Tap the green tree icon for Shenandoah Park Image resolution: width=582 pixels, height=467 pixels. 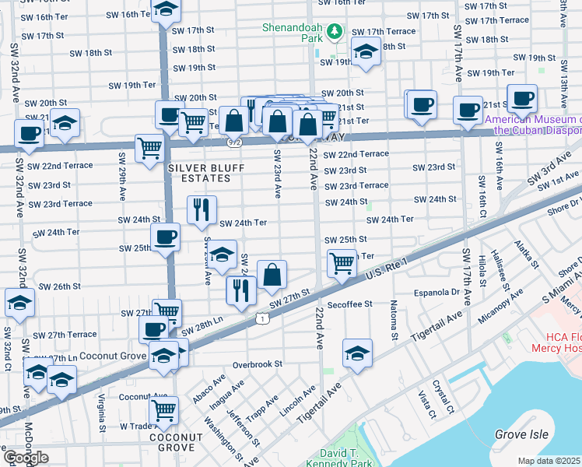(x=335, y=31)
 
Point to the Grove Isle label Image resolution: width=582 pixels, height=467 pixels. (x=522, y=434)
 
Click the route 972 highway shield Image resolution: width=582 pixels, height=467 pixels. (x=234, y=142)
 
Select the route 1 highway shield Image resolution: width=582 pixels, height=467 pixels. (x=263, y=318)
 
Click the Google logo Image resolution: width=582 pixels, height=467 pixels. (x=26, y=457)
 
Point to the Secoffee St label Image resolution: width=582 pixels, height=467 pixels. (x=350, y=304)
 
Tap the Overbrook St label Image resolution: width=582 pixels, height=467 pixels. (x=256, y=363)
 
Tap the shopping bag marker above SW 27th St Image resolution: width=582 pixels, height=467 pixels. (x=272, y=273)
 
